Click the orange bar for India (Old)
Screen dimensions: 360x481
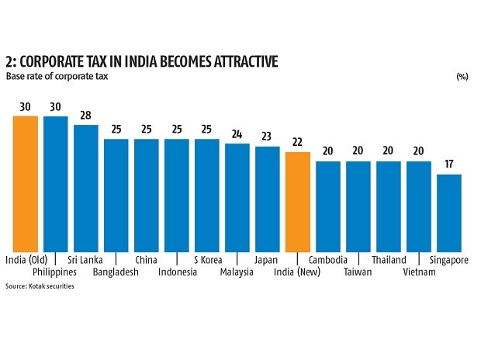coord(25,183)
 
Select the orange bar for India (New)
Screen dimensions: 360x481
coord(298,201)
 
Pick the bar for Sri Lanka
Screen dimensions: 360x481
coord(85,187)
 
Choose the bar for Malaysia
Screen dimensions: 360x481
coord(237,197)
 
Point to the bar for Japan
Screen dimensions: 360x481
coord(268,199)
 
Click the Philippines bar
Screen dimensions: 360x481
coord(55,183)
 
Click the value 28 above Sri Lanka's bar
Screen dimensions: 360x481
coord(85,116)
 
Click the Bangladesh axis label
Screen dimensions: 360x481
coord(116,272)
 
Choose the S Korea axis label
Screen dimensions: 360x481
coord(207,260)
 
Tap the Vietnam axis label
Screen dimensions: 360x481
coord(419,272)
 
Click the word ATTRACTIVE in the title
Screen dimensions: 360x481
coord(231,61)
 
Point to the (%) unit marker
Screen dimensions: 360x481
coord(462,77)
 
